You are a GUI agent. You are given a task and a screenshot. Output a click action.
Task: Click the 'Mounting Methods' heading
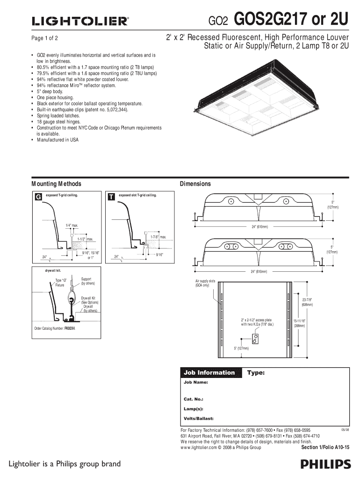click(56, 184)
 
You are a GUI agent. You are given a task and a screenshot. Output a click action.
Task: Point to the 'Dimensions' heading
click(195, 184)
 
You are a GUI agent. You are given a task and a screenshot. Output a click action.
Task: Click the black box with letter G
click(38, 197)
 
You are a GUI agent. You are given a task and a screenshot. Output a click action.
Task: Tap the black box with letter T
click(111, 197)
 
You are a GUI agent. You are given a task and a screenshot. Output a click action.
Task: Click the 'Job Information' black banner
click(209, 373)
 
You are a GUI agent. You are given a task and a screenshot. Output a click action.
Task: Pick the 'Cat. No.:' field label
click(193, 399)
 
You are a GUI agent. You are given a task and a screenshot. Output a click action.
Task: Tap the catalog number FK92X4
click(70, 328)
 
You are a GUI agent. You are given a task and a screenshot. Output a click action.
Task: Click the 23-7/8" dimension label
click(307, 299)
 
